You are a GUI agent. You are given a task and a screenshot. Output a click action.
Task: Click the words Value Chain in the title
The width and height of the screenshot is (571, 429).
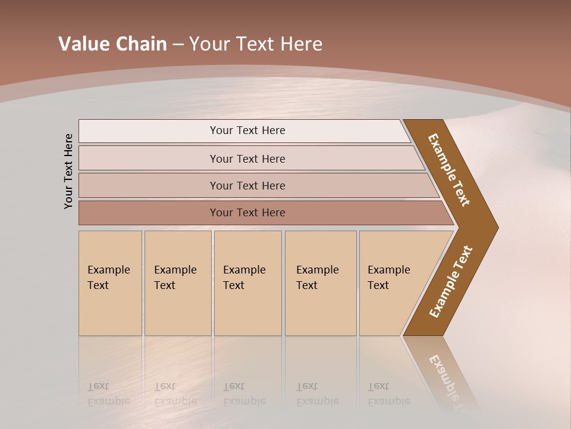click(x=112, y=44)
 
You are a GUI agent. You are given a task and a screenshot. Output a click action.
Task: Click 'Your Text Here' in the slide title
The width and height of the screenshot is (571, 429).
click(x=256, y=44)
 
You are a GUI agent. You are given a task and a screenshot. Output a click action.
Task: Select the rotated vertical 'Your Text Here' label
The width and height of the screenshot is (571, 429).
click(x=68, y=171)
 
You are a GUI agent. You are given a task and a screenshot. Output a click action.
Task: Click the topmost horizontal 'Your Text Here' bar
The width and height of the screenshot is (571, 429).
click(x=247, y=130)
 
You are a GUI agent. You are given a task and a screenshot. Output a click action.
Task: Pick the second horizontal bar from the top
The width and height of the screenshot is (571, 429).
click(x=247, y=158)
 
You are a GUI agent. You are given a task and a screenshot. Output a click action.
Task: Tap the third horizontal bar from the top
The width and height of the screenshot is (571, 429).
click(x=247, y=185)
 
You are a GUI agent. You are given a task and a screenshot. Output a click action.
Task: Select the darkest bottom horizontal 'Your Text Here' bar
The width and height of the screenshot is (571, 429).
click(x=247, y=213)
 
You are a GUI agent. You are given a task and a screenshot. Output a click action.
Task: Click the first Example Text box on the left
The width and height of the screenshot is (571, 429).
click(x=110, y=283)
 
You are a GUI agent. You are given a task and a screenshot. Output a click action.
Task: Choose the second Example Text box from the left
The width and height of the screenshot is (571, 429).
click(x=177, y=283)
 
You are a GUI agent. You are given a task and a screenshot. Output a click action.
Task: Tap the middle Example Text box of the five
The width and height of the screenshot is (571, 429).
click(x=247, y=283)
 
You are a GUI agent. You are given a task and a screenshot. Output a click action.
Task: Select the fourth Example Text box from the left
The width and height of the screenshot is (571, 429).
click(x=320, y=283)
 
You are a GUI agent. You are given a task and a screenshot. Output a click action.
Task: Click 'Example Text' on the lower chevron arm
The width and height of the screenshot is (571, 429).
click(x=451, y=282)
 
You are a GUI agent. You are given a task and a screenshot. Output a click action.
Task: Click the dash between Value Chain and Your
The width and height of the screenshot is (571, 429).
click(x=178, y=45)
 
